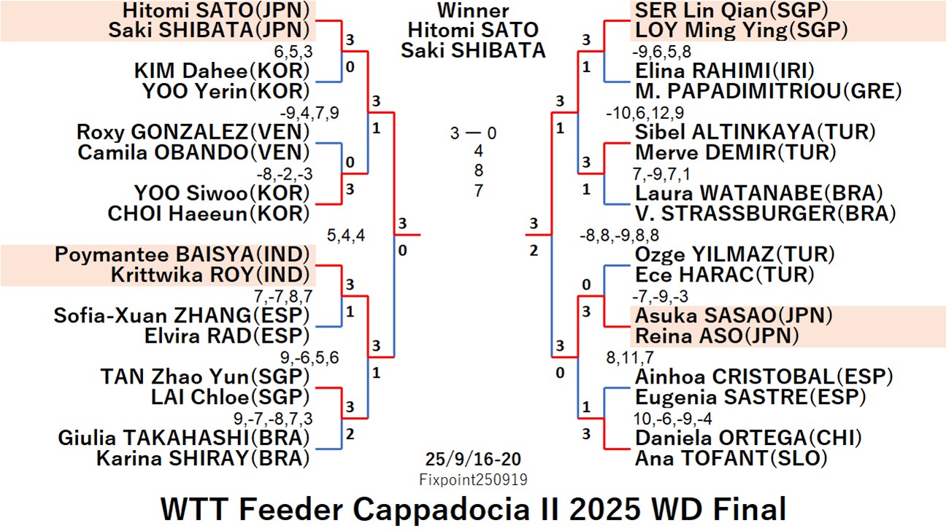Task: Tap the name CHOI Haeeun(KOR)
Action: click(208, 214)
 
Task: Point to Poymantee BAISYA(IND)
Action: click(182, 255)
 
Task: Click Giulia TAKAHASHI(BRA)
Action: click(184, 438)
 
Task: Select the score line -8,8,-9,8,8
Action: click(618, 235)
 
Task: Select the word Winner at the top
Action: click(474, 11)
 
